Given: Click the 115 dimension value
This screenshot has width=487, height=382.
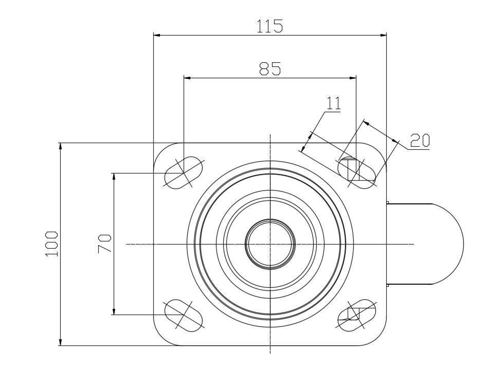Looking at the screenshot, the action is pos(269,26).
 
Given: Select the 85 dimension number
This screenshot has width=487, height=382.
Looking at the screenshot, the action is pos(270,68).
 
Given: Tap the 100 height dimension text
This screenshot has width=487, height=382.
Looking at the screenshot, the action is pos(51,244).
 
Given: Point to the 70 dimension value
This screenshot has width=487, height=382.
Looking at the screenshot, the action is pos(105,244).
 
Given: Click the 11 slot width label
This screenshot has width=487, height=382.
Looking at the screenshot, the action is pos(334,103).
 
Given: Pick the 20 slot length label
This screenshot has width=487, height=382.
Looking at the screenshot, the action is pos(420,141).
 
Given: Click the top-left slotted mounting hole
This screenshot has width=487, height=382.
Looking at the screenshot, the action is pos(184,172).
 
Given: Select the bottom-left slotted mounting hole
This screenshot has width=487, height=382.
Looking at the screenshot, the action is pos(184,315).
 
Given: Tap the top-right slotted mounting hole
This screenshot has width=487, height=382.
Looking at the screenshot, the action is pos(356,172).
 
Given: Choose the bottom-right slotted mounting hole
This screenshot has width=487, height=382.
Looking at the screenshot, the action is pos(356,315).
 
